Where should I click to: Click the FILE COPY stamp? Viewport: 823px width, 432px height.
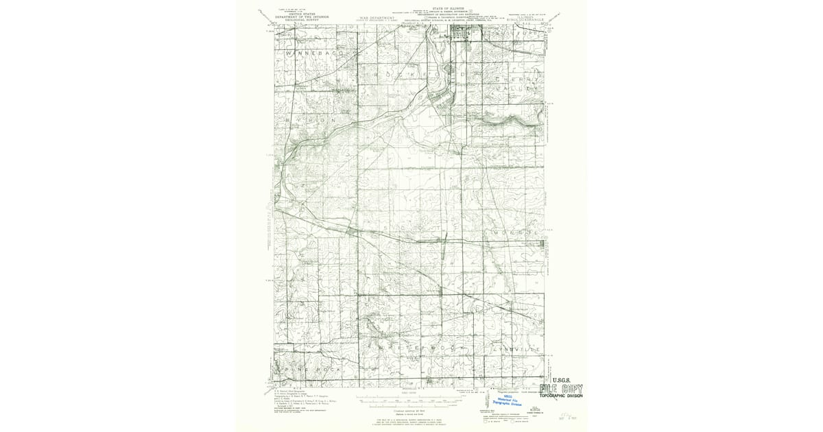click(x=561, y=387)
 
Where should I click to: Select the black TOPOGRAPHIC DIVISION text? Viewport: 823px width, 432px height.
click(x=561, y=396)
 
